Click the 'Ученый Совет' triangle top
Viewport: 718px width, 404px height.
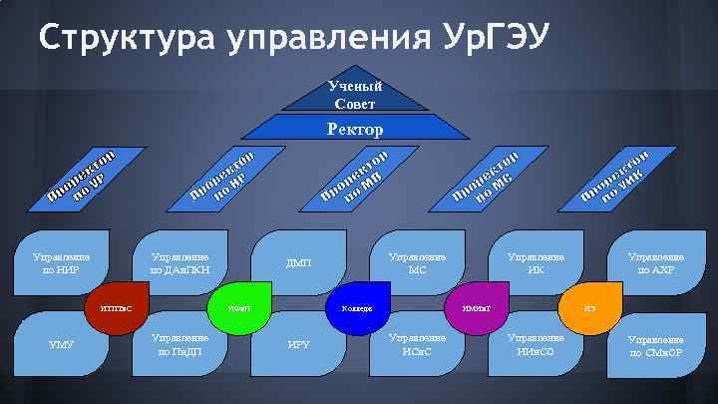[x=355, y=96]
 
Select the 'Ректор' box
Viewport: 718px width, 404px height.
[x=356, y=128]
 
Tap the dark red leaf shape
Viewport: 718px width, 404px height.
[x=117, y=306]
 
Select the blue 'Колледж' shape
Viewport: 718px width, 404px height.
[x=356, y=306]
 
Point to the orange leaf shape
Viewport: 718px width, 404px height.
[x=588, y=306]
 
